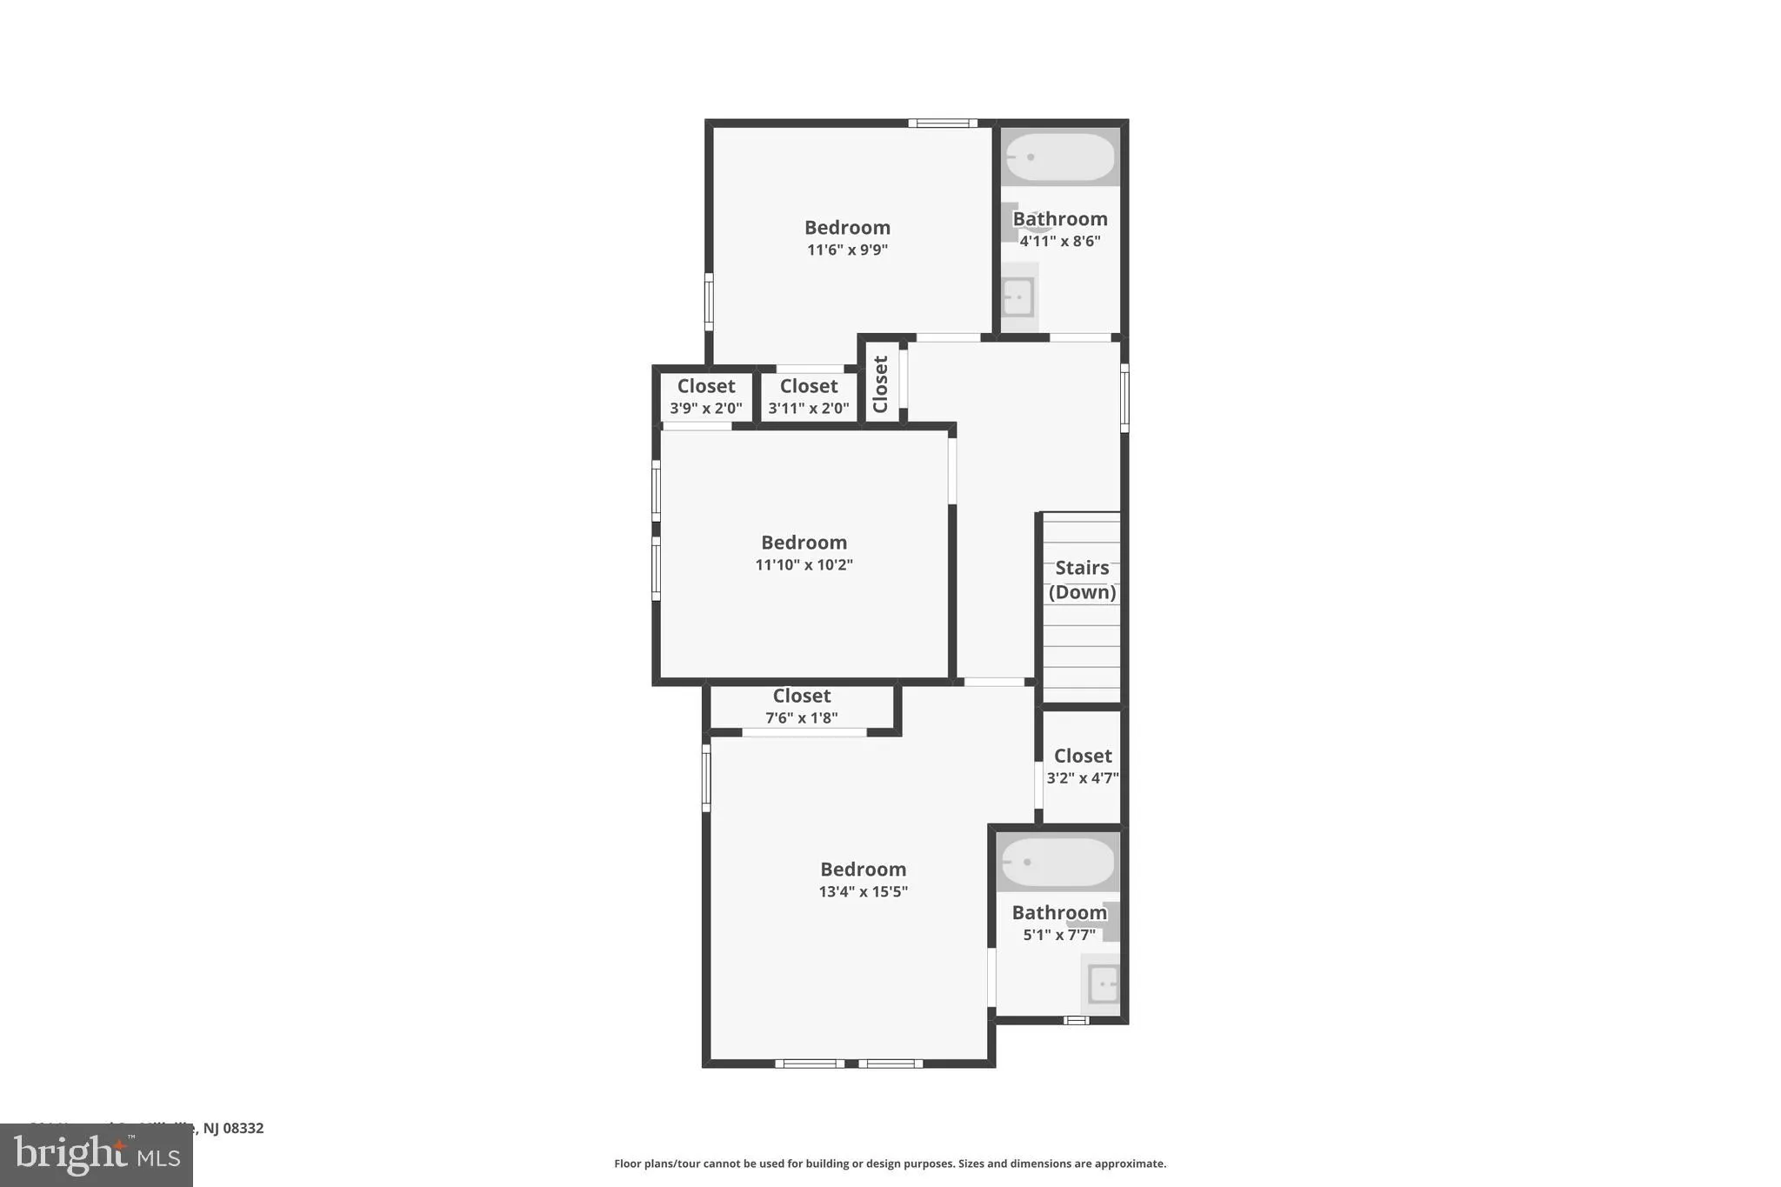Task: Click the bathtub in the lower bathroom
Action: tap(1057, 862)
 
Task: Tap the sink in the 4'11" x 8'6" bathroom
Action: tap(1017, 297)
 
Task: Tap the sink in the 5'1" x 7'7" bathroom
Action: tap(1103, 984)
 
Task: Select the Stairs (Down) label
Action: tap(1082, 579)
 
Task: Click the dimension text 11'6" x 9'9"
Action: tap(847, 250)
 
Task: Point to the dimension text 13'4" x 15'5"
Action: tap(863, 891)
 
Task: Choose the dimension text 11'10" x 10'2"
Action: tap(804, 565)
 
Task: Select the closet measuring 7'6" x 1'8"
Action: tap(801, 707)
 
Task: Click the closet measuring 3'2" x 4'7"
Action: tap(1082, 766)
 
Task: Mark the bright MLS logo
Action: tap(97, 1155)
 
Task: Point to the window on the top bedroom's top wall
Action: tap(943, 123)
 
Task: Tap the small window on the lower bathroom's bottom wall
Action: tap(1076, 1020)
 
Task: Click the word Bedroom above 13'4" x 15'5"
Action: tap(863, 870)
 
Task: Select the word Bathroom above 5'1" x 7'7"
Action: tap(1058, 912)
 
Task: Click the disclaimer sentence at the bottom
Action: tap(890, 1164)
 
